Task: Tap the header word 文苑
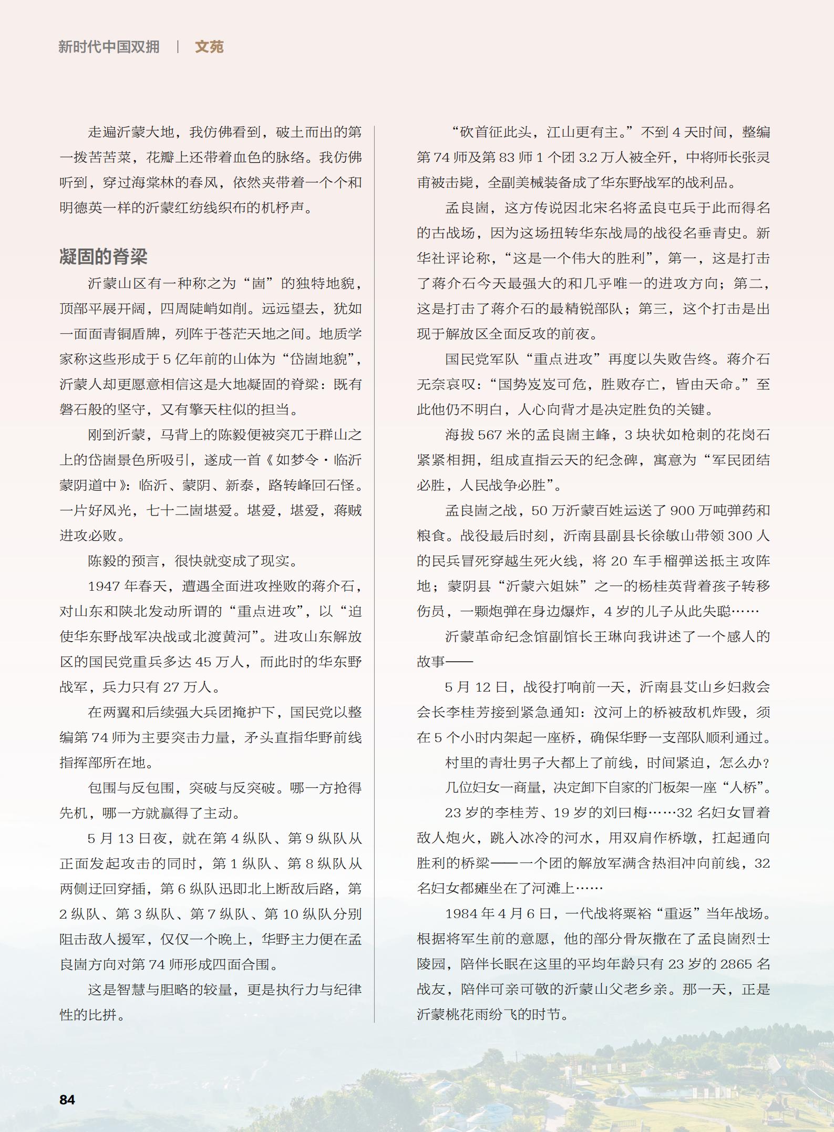209,47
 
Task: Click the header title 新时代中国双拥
109,47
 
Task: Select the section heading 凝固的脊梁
103,256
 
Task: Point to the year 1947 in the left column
105,586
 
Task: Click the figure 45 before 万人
203,662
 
